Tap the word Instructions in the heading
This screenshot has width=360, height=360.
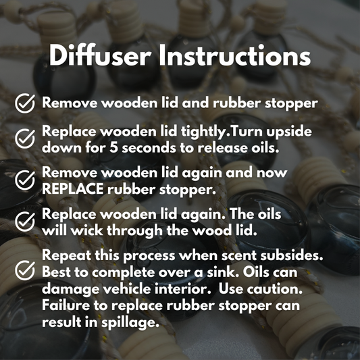point(234,55)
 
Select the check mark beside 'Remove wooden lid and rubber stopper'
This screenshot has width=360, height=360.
point(25,103)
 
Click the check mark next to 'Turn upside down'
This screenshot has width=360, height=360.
point(25,138)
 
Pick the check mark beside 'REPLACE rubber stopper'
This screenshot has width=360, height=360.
point(25,180)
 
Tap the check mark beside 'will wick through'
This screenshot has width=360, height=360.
point(25,222)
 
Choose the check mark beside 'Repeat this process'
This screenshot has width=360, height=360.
point(25,270)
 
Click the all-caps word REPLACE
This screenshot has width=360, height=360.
point(72,189)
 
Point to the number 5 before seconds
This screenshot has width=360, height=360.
point(113,148)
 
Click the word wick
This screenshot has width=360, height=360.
point(86,230)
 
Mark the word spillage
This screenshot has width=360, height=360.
point(130,323)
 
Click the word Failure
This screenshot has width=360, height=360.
point(66,306)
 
